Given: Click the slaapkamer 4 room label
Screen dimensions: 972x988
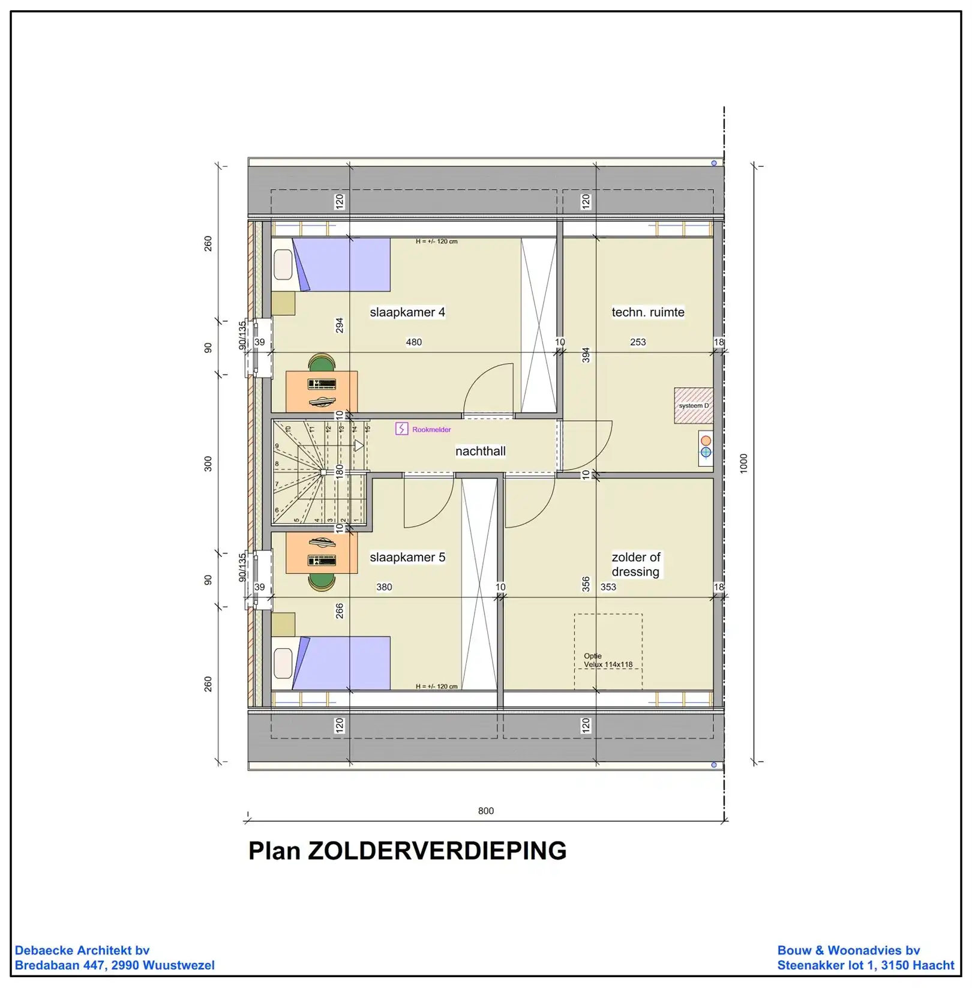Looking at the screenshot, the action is coord(407,312).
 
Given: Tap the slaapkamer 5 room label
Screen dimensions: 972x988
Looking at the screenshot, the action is coord(407,557).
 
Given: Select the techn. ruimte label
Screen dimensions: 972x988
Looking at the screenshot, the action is coord(648,312).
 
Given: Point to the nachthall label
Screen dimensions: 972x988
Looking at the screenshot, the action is coord(481,451).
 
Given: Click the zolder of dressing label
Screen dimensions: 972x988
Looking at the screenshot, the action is coord(636,564).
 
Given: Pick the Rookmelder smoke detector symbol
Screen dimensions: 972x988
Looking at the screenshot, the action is coord(401,429).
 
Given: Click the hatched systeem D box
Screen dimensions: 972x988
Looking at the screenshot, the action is coord(694,406).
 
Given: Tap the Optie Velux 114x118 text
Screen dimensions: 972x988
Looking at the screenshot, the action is coord(608,660).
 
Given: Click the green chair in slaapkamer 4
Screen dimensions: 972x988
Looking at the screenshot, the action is coord(322,363).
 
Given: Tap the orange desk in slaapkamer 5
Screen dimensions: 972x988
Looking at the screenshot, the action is coord(322,553).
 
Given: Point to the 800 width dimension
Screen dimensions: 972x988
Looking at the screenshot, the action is coord(486,811).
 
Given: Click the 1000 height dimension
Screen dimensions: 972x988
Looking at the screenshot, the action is coord(744,463).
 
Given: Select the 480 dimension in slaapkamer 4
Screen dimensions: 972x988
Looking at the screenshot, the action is coord(414,342).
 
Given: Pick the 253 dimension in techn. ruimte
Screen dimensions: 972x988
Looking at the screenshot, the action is coord(638,342).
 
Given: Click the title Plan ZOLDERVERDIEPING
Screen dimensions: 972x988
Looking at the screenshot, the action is coord(407,851).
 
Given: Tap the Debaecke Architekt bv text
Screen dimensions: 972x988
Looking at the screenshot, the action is coord(82,950).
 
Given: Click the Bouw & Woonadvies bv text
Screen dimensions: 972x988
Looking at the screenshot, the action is coord(848,950).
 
